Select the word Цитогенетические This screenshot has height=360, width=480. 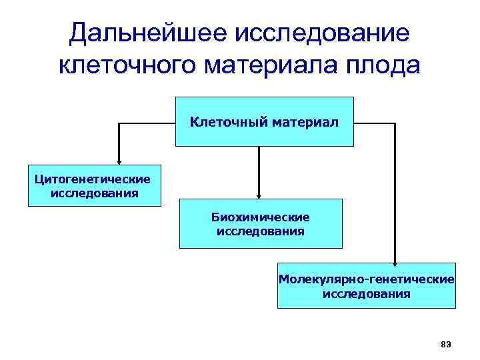[x=94, y=179]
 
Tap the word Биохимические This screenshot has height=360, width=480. [x=261, y=217]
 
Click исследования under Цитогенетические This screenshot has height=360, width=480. [x=94, y=193]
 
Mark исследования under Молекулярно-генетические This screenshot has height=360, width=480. [x=367, y=293]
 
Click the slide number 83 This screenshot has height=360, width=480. [x=446, y=344]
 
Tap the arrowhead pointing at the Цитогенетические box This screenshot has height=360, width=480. [x=119, y=160]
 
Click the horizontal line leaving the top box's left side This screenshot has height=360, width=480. [x=147, y=123]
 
